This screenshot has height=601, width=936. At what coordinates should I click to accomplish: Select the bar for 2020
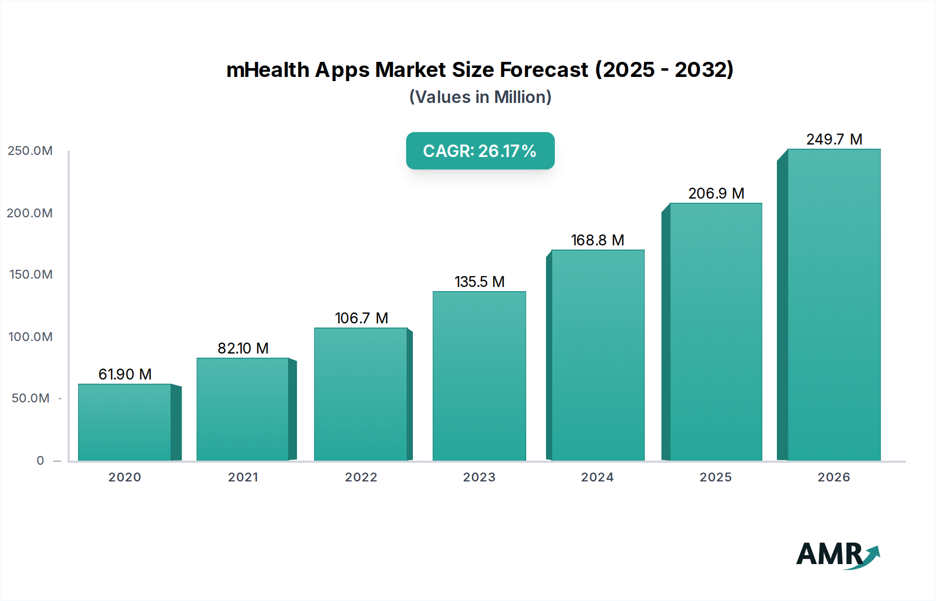[125, 422]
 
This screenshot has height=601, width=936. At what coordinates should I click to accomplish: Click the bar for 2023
[479, 376]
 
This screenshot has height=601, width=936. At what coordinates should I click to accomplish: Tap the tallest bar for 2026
[834, 305]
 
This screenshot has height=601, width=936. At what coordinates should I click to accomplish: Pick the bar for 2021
[243, 409]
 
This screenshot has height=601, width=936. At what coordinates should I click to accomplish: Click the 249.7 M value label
[834, 139]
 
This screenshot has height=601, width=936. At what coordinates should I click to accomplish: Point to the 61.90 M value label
[125, 374]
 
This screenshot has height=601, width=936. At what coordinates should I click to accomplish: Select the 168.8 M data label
[597, 240]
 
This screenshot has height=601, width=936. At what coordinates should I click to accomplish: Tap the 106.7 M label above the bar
[361, 318]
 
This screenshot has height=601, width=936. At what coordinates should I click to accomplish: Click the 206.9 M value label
[716, 193]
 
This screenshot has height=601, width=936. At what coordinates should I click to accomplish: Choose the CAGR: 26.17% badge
[480, 151]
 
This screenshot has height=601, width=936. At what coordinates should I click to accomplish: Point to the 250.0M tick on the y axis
[30, 151]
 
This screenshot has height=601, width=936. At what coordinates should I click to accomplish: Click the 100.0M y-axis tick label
[30, 337]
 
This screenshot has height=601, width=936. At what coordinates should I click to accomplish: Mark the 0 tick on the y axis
[41, 461]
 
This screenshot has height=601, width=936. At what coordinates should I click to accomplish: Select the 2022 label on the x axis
[361, 477]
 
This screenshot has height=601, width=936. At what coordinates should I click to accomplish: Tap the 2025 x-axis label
[716, 477]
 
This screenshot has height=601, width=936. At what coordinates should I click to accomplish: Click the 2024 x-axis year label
[597, 477]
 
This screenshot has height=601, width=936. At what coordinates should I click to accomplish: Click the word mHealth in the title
[268, 70]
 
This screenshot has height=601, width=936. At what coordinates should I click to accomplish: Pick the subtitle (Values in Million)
[480, 97]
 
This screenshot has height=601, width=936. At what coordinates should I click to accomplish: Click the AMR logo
[837, 554]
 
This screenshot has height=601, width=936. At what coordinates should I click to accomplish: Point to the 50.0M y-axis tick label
[30, 398]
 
